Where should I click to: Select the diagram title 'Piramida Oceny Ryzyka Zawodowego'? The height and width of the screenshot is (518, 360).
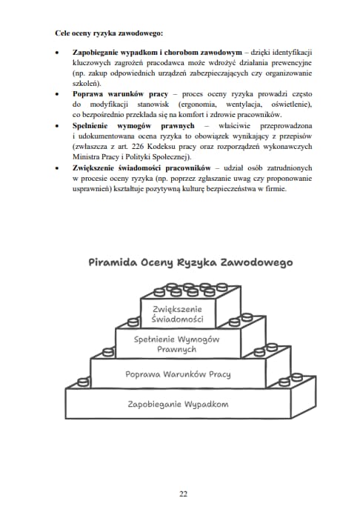point(190,262)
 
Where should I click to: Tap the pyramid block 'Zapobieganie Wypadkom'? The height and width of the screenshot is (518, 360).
point(178,404)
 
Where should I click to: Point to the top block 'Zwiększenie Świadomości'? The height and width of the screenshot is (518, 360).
point(177,313)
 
